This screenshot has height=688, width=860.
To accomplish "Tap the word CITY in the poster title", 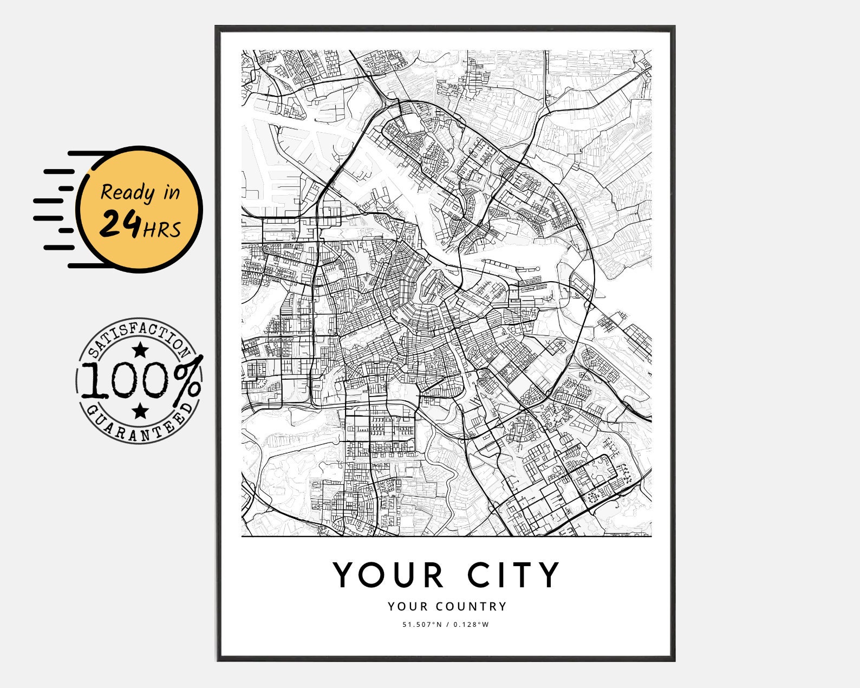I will point(514,575).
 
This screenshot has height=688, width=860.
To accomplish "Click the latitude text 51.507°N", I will point(421,625).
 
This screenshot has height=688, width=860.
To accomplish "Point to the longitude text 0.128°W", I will point(471,625).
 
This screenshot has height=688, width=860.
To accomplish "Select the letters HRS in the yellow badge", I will point(162,230).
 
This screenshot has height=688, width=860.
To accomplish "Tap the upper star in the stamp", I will point(140,350).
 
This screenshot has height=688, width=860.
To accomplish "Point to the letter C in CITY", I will point(480,575).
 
